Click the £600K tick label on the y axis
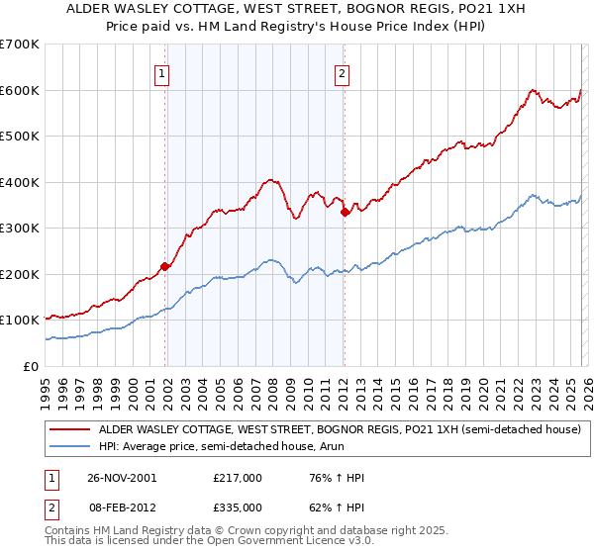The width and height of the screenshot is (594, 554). coord(20,90)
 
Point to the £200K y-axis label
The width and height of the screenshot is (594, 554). coord(20,274)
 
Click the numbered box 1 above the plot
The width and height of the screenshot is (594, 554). coord(160,72)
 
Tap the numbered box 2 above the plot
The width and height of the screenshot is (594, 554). coord(342,72)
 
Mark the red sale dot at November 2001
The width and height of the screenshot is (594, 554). coord(165,266)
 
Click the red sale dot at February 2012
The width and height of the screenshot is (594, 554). coord(344,212)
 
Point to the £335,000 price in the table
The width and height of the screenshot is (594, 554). coord(237,507)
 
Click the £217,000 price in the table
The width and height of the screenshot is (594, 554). coord(237,478)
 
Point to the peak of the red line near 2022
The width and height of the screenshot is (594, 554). coord(532,89)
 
